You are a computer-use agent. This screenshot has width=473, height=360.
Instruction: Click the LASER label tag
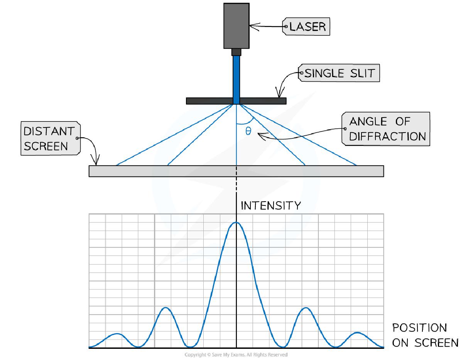(x=307, y=26)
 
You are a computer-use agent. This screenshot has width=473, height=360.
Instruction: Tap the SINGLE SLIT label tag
(x=339, y=73)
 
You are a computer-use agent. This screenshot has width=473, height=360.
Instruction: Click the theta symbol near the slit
(x=248, y=131)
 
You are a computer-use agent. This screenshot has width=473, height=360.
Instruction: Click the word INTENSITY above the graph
(x=270, y=205)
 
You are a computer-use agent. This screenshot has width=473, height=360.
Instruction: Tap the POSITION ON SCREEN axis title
(x=425, y=335)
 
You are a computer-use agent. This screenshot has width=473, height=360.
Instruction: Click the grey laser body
(x=236, y=25)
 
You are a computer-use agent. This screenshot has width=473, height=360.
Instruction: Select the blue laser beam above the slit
(x=236, y=77)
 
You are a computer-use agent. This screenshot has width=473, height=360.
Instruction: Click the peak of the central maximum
(x=236, y=222)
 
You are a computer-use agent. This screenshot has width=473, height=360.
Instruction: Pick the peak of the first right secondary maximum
(x=306, y=308)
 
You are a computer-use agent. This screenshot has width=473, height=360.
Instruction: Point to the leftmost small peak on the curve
(x=117, y=334)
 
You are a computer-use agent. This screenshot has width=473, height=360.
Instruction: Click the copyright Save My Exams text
(x=236, y=355)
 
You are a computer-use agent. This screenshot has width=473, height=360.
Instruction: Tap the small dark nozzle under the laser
(x=236, y=52)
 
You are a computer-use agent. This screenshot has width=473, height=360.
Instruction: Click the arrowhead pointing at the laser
(x=252, y=26)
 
